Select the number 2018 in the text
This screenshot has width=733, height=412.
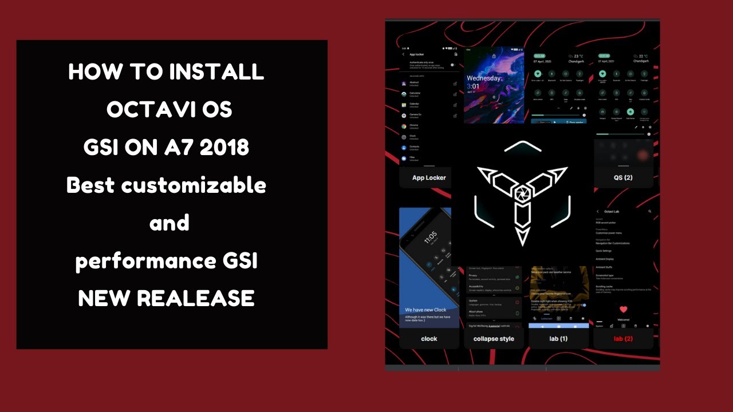(220, 148)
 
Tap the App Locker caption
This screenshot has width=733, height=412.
(429, 178)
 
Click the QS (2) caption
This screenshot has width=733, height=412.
(623, 178)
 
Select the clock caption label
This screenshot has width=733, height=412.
(429, 339)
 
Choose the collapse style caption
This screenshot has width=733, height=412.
(494, 339)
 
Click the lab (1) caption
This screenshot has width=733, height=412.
(558, 339)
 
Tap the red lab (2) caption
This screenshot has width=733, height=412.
(623, 339)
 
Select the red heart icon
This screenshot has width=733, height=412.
(624, 310)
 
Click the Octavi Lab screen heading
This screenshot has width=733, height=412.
(612, 212)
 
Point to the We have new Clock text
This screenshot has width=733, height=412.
(425, 310)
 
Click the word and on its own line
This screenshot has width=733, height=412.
(170, 223)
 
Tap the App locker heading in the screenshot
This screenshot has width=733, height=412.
(417, 54)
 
